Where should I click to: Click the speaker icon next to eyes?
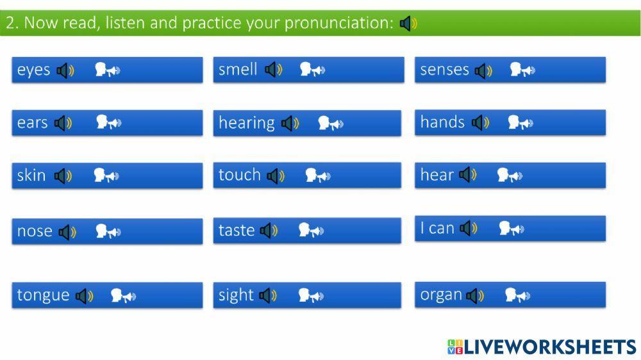65,70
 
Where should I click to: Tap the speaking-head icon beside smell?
312,69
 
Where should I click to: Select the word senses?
444,70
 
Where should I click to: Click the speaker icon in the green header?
408,23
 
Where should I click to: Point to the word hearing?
247,122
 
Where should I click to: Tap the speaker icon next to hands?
480,122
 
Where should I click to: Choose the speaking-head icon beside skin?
106,176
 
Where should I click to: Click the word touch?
240,175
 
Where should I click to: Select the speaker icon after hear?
468,175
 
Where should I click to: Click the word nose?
35,231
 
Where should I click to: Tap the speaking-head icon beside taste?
311,230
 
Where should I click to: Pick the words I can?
437,228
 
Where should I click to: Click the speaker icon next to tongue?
85,296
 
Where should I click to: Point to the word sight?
236,295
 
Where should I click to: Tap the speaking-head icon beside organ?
517,295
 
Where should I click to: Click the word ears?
32,122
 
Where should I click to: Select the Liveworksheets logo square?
455,347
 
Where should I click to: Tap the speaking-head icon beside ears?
109,122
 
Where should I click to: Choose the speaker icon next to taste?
269,231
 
